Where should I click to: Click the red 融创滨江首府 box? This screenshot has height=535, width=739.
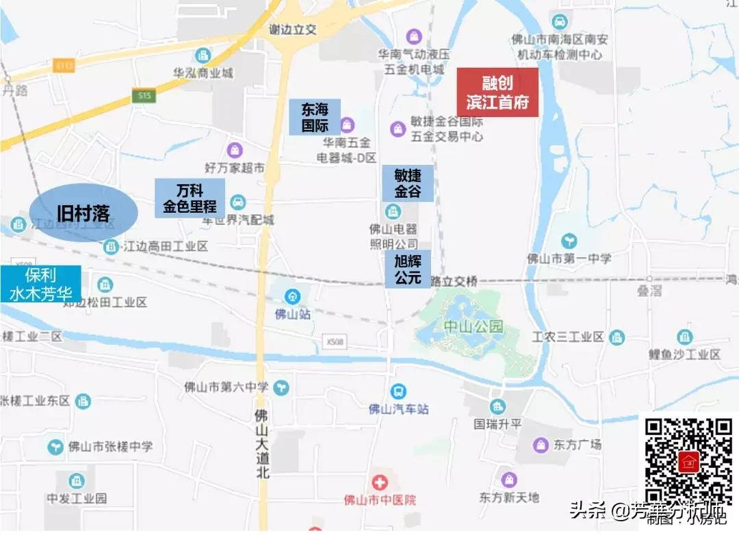pyautogui.click(x=497, y=92)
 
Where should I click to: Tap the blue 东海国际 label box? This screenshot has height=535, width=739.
pyautogui.click(x=314, y=117)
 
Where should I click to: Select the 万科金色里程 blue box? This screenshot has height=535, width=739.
pyautogui.click(x=190, y=198)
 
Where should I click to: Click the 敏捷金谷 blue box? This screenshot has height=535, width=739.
pyautogui.click(x=408, y=183)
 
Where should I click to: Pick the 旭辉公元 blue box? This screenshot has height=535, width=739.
pyautogui.click(x=408, y=269)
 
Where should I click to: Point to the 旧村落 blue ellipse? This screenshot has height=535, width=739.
pyautogui.click(x=83, y=213)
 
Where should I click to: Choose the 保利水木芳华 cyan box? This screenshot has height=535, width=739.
pyautogui.click(x=40, y=285)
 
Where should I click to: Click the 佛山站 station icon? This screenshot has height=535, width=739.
pyautogui.click(x=292, y=296)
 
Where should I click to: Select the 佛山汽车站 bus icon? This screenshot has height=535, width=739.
pyautogui.click(x=398, y=391)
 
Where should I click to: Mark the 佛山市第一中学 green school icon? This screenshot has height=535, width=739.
pyautogui.click(x=569, y=241)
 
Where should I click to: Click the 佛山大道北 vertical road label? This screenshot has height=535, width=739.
pyautogui.click(x=261, y=443)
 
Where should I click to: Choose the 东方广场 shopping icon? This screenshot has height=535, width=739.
pyautogui.click(x=541, y=445)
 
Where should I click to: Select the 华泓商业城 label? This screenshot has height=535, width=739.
pyautogui.click(x=203, y=72)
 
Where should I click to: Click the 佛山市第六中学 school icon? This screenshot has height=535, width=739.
pyautogui.click(x=281, y=388)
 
